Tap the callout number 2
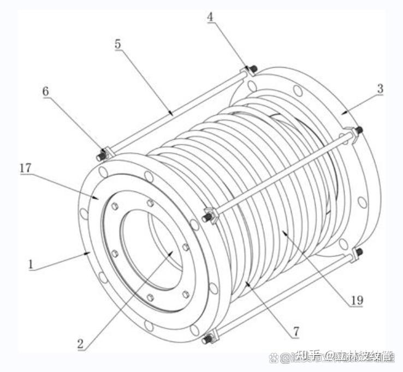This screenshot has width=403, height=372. click(80, 344)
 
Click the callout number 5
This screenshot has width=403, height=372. click(118, 45)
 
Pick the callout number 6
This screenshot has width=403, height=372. click(46, 92)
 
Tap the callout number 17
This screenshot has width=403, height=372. click(25, 169)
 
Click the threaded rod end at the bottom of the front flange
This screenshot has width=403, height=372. click(206, 340)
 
